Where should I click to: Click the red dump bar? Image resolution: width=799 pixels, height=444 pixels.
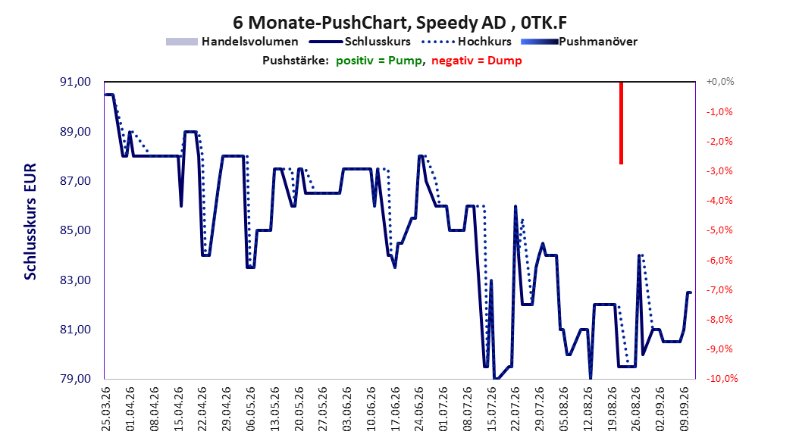tap(621, 123)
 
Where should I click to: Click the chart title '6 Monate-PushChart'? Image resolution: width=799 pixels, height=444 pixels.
tap(322, 23)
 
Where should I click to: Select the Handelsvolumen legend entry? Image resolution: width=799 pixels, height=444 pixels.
tap(233, 42)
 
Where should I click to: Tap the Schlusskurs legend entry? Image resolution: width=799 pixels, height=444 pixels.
tap(360, 42)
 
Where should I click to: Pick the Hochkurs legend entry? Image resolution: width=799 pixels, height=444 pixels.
tap(467, 42)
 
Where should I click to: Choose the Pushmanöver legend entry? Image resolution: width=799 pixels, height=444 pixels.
tap(579, 42)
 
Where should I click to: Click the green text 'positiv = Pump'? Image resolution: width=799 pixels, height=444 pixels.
tap(379, 61)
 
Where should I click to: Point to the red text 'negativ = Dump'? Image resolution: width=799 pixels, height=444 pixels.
tap(477, 61)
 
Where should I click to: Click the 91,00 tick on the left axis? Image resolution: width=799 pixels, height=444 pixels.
tap(75, 82)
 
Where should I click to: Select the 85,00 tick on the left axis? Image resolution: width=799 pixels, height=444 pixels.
tap(75, 230)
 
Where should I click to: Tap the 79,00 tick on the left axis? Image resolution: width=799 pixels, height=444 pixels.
tap(75, 379)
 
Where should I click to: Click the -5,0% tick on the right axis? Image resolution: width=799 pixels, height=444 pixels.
tap(719, 230)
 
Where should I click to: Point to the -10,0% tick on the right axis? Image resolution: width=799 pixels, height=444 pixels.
tap(722, 379)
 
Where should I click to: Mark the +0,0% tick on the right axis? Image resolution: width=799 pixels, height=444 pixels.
tap(720, 82)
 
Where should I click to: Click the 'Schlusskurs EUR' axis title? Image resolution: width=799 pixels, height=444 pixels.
tap(30, 221)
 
